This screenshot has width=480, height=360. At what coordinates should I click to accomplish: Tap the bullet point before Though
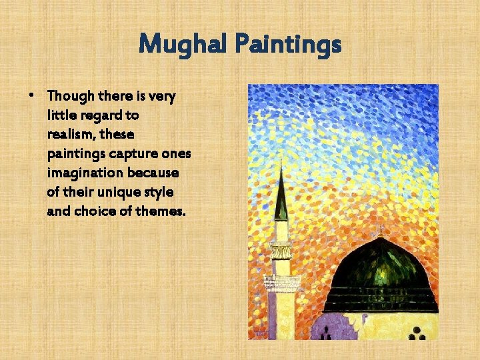(x=33, y=95)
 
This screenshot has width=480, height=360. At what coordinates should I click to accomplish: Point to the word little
(x=59, y=115)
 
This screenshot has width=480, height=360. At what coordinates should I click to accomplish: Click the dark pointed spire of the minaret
(x=281, y=197)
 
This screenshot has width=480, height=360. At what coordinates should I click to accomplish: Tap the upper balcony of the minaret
(x=281, y=251)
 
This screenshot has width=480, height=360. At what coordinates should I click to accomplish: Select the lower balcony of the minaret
(x=282, y=283)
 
